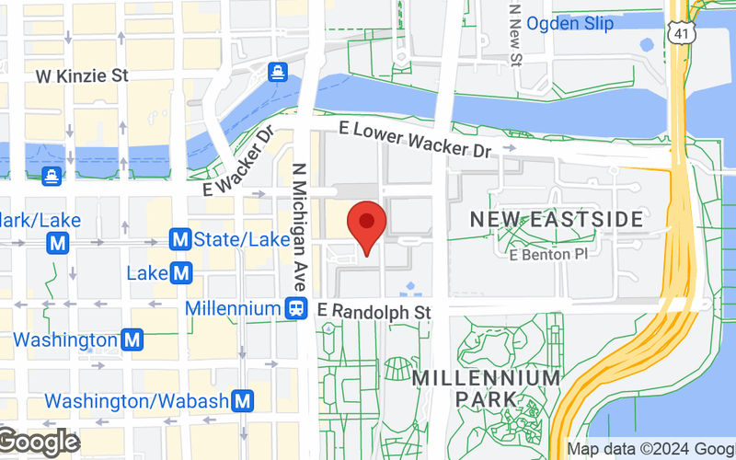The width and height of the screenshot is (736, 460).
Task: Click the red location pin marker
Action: (366, 224)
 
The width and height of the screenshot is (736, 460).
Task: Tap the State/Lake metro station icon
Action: (180, 240)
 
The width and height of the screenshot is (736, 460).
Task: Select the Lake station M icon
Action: (181, 273)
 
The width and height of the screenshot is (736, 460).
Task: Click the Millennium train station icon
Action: (296, 309)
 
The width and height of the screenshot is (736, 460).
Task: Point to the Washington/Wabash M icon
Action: (243, 401)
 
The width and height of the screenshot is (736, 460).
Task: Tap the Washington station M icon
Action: (133, 340)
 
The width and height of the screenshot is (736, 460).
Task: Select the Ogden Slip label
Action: (570, 24)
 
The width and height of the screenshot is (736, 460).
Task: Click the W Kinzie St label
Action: (80, 76)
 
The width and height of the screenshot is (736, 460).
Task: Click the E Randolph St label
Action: (374, 312)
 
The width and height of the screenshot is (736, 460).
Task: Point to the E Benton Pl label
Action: (548, 252)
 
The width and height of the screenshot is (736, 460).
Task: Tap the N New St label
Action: (516, 33)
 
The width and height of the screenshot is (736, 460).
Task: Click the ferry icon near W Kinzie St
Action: (277, 71)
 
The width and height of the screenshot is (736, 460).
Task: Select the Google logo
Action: (39, 443)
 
